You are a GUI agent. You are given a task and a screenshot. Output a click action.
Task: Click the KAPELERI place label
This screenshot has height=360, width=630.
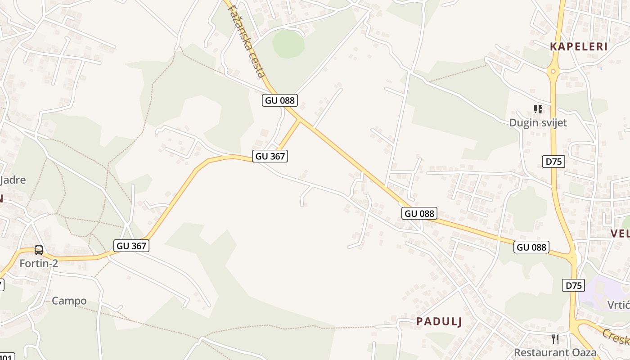[x=579, y=46]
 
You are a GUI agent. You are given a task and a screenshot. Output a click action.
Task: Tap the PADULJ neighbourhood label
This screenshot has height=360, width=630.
[x=439, y=321]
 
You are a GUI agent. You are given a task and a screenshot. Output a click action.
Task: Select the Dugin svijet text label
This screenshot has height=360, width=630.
[x=538, y=122]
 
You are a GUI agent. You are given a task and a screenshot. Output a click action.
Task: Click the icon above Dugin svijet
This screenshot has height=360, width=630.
[x=538, y=109]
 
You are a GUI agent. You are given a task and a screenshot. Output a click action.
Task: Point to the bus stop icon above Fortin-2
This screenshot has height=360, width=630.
[x=39, y=250]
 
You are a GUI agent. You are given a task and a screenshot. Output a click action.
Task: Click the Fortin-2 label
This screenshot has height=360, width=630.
[x=39, y=263]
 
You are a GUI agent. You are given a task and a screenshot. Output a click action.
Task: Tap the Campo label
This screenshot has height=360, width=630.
[x=69, y=301]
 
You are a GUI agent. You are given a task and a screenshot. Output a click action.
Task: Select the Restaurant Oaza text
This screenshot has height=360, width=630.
[x=555, y=352]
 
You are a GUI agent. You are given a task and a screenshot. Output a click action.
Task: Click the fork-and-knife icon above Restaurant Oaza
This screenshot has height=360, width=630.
[x=555, y=339]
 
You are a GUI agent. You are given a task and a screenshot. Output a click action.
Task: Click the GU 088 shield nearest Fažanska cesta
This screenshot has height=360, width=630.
[x=280, y=100]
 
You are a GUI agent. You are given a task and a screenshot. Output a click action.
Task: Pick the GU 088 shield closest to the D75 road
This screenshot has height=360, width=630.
[x=531, y=247]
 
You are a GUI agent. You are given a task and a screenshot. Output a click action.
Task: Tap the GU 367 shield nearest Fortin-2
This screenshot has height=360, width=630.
[x=132, y=246]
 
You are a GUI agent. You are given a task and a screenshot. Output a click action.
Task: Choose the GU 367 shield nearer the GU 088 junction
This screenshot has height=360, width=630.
[x=270, y=156]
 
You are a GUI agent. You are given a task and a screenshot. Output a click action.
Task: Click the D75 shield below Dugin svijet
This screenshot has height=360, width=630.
[x=553, y=162]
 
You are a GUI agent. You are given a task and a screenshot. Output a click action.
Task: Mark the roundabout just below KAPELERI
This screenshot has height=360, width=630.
[x=553, y=71]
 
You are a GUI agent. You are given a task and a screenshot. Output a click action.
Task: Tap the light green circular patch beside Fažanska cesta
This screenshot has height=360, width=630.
[x=288, y=44]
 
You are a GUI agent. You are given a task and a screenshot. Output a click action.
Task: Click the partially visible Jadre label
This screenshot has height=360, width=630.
[x=13, y=180]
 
